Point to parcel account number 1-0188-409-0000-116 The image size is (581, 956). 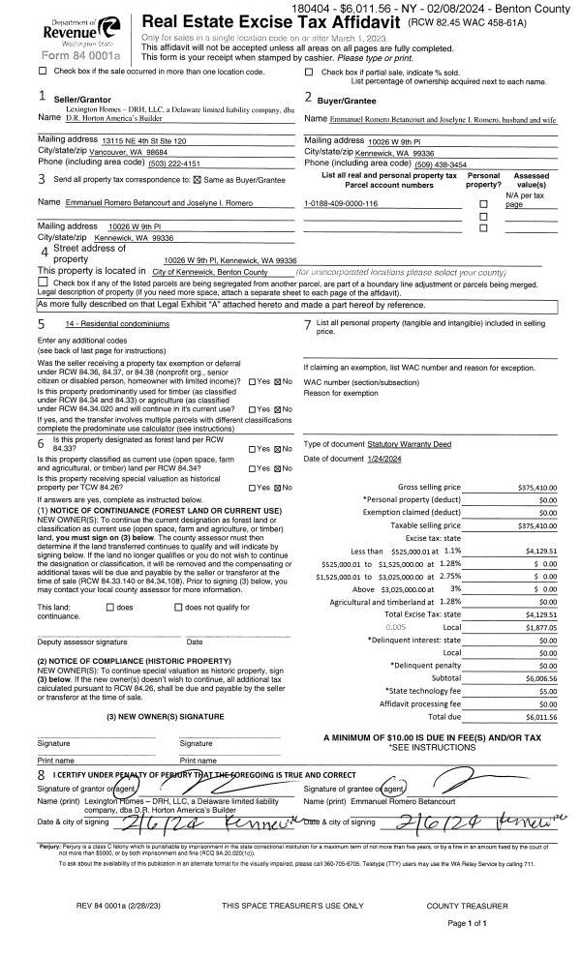pos(340,203)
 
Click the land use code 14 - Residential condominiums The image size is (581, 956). pos(116,323)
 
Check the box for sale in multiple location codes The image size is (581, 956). pos(42,71)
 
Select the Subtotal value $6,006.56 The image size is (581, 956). pos(540,678)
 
